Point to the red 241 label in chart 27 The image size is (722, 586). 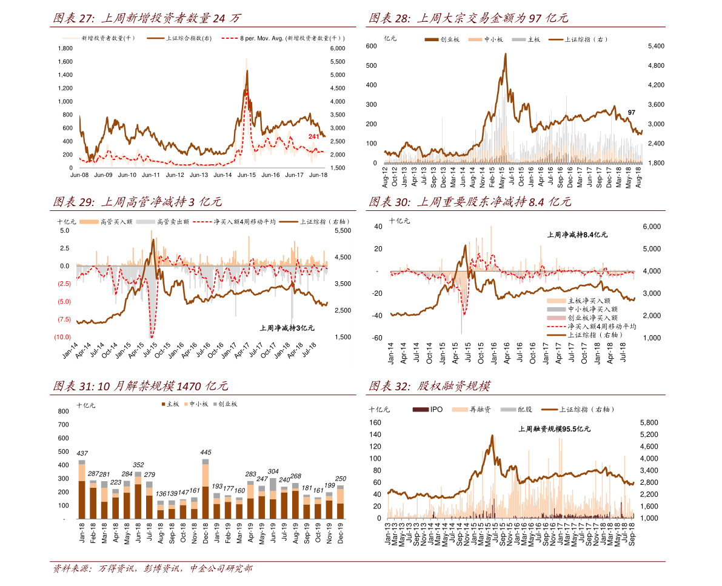[313, 136]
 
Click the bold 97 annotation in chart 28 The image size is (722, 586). [632, 113]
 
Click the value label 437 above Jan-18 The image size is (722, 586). [82, 453]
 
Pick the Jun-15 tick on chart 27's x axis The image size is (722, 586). [246, 175]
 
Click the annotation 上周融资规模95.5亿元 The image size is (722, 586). [554, 429]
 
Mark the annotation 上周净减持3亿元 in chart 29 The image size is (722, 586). [287, 328]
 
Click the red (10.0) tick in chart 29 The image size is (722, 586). [62, 337]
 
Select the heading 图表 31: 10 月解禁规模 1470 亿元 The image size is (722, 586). [141, 386]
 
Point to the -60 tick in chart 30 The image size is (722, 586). [377, 338]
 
